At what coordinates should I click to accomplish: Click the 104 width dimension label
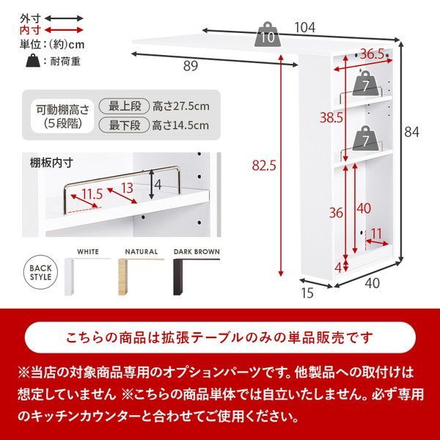click(306, 28)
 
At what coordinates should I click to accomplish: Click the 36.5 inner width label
click(372, 54)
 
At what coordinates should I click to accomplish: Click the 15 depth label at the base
click(307, 293)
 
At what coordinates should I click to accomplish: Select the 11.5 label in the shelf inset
click(92, 194)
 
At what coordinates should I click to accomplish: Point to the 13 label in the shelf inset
click(127, 188)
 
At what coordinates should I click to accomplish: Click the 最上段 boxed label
click(128, 106)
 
